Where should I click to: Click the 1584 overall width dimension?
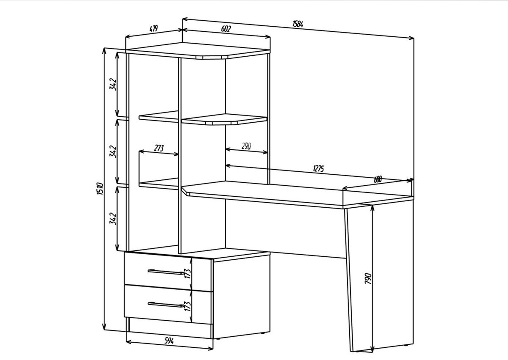[x=298, y=24]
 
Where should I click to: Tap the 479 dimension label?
[x=154, y=28]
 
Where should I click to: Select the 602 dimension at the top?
[x=226, y=29]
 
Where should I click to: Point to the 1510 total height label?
[x=100, y=189]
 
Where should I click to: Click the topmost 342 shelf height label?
[x=113, y=84]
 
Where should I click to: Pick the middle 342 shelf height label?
[x=113, y=151]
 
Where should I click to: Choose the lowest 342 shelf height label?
[x=113, y=218]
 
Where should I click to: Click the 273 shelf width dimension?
[x=159, y=148]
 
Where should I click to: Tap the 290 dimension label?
[x=246, y=146]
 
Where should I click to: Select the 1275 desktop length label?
[x=319, y=168]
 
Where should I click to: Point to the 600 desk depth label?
[x=378, y=179]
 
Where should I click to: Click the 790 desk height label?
[x=368, y=279]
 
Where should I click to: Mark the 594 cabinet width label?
[x=169, y=341]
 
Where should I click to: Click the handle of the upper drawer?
[x=166, y=272]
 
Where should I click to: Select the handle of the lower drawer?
[x=166, y=305]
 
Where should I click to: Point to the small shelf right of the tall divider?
[x=224, y=119]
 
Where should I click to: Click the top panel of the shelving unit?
[x=198, y=50]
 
